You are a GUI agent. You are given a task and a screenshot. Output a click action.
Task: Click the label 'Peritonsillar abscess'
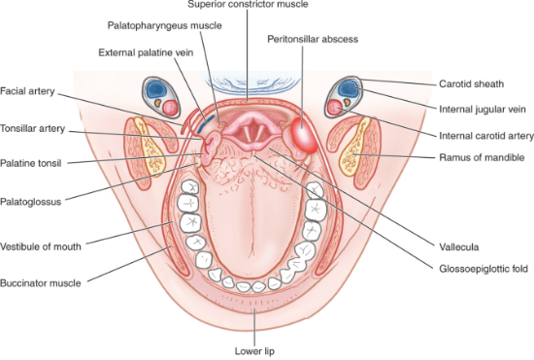tap(313, 39)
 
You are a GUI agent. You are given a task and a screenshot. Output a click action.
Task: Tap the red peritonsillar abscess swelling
tap(305, 136)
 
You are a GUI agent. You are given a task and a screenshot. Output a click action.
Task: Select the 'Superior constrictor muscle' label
tap(248, 5)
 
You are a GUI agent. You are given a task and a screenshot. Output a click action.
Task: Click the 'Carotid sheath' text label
tap(471, 84)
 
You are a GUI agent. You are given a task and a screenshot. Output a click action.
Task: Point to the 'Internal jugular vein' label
tap(483, 110)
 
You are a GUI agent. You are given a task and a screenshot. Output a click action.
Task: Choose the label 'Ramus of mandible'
tap(482, 157)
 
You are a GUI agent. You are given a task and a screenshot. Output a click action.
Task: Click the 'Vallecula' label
tap(458, 247)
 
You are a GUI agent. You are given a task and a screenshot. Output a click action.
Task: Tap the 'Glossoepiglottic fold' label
tap(484, 269)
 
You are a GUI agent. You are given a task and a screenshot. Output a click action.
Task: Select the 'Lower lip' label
tap(254, 351)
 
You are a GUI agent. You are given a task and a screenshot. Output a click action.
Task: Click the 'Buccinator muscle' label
tap(41, 283)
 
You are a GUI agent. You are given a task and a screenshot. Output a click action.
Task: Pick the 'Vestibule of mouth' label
tap(41, 246)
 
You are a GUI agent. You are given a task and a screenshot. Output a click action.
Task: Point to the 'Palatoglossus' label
tap(31, 202)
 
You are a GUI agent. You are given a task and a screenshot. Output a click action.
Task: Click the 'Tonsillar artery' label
tap(32, 129)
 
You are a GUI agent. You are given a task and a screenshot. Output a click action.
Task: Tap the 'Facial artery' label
tap(27, 91)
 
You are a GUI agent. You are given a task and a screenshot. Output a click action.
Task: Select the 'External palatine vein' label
tap(146, 52)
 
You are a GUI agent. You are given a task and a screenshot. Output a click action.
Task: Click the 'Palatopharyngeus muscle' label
tap(164, 25)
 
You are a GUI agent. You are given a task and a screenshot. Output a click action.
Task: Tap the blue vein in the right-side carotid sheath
tap(348, 87)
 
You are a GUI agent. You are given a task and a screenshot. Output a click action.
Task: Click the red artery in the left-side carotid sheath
tap(170, 108)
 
